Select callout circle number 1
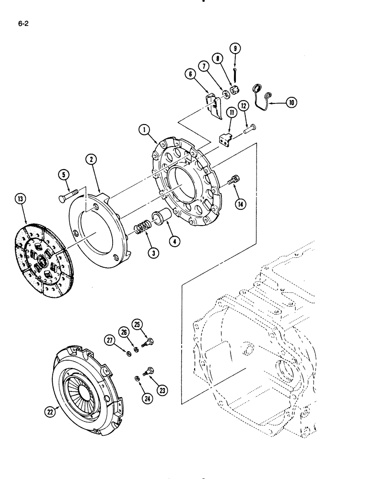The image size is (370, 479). tap(142, 129)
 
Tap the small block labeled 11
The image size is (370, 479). tap(225, 139)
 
